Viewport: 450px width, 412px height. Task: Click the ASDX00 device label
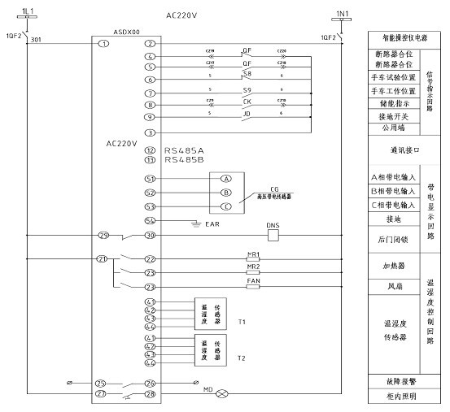coord(125,30)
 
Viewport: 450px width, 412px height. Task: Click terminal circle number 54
coord(149,220)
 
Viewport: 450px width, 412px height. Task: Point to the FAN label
coord(252,280)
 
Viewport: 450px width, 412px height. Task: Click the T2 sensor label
coord(242,357)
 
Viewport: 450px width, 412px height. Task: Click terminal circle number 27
coord(103,396)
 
